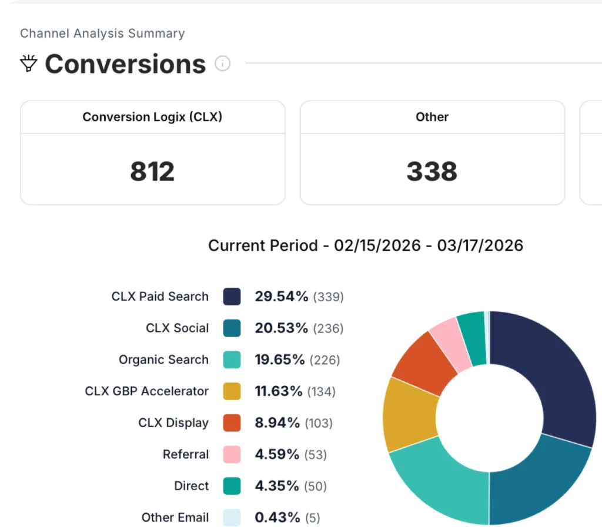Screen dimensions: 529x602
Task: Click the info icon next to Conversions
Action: click(x=222, y=64)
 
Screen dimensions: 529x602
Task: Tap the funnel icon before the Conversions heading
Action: click(x=29, y=63)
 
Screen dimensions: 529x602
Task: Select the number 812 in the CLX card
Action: click(x=152, y=171)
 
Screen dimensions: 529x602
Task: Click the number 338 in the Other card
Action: click(x=432, y=171)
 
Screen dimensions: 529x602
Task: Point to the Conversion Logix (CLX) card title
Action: click(x=152, y=117)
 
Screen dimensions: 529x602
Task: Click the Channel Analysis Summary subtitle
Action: click(x=102, y=33)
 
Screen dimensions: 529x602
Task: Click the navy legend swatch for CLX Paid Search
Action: click(x=232, y=297)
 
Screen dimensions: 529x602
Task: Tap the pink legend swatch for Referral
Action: click(x=232, y=454)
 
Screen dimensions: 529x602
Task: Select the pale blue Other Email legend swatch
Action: click(x=232, y=518)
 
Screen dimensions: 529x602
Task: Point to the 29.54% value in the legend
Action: click(x=281, y=297)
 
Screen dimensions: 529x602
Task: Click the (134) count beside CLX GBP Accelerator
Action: click(x=321, y=391)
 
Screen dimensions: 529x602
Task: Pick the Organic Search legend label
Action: click(x=163, y=360)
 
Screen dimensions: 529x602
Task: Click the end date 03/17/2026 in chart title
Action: click(x=480, y=245)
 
